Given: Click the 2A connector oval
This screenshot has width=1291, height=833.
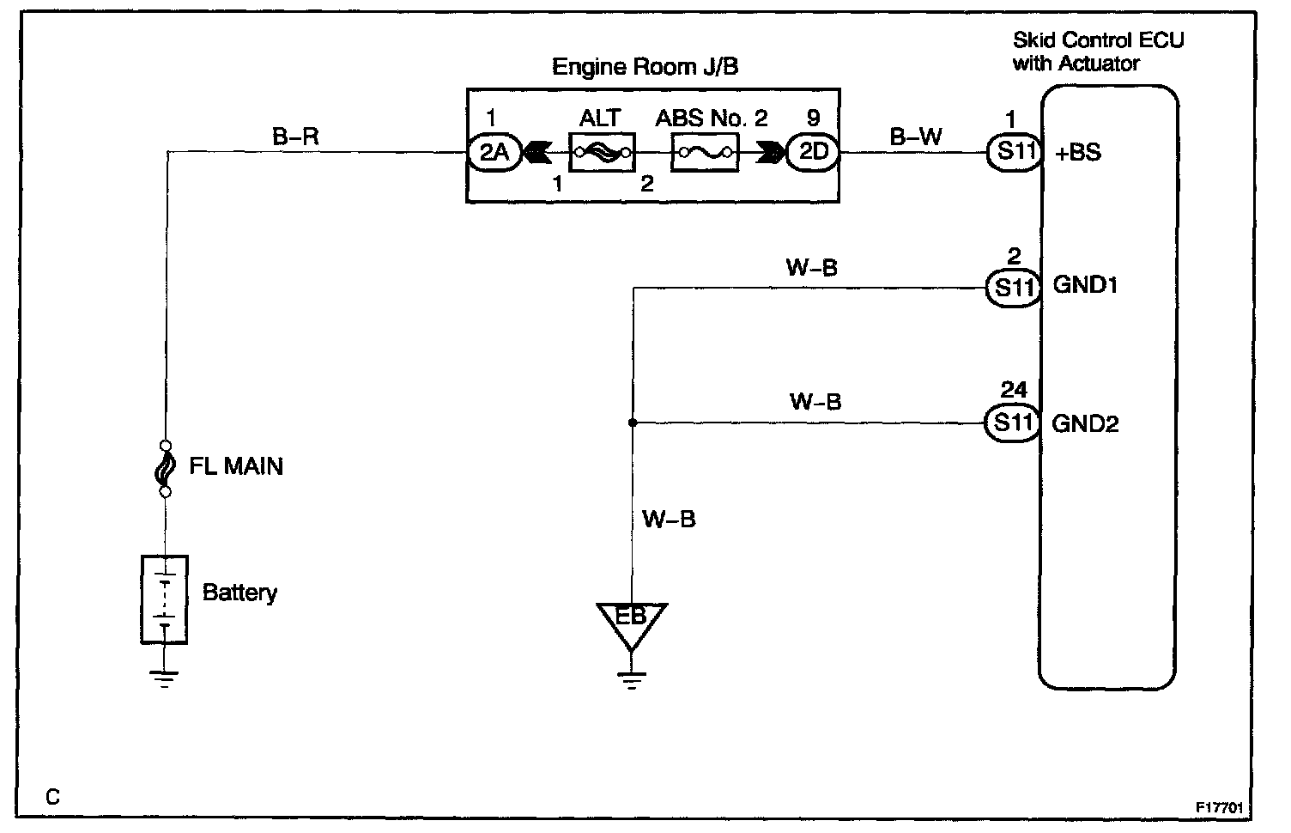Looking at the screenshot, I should click(x=493, y=153).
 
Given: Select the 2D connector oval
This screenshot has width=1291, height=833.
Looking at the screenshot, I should click(x=813, y=153).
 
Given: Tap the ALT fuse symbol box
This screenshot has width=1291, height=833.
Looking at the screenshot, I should click(x=601, y=153).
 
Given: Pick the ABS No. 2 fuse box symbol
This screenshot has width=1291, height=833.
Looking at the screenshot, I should click(x=704, y=153).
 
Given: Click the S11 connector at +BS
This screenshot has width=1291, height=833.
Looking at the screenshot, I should click(x=1013, y=153).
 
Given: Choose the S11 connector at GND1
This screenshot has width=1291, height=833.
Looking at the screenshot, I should click(x=1013, y=286).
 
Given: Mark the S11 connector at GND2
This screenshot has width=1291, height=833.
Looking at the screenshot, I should click(x=1013, y=423).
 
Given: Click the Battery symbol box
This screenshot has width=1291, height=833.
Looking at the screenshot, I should click(x=163, y=599).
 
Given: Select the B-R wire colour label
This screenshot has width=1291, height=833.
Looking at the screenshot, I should click(x=296, y=136).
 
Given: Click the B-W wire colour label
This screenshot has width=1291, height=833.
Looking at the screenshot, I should click(x=916, y=136).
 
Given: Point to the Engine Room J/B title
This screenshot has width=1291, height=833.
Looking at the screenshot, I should click(x=645, y=67).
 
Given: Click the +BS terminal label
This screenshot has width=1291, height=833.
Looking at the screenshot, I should click(x=1078, y=154).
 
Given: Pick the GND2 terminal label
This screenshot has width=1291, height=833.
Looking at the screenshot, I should click(x=1085, y=424).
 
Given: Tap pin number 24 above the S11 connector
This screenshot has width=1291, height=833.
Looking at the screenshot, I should click(x=1013, y=391).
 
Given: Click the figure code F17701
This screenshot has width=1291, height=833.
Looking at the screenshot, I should click(x=1221, y=808).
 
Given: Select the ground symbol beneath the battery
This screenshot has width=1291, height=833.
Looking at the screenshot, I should click(x=165, y=678).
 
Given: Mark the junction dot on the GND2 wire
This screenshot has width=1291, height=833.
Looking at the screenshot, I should click(x=632, y=423).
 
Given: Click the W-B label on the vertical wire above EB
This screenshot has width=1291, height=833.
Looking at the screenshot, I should click(x=669, y=520).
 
